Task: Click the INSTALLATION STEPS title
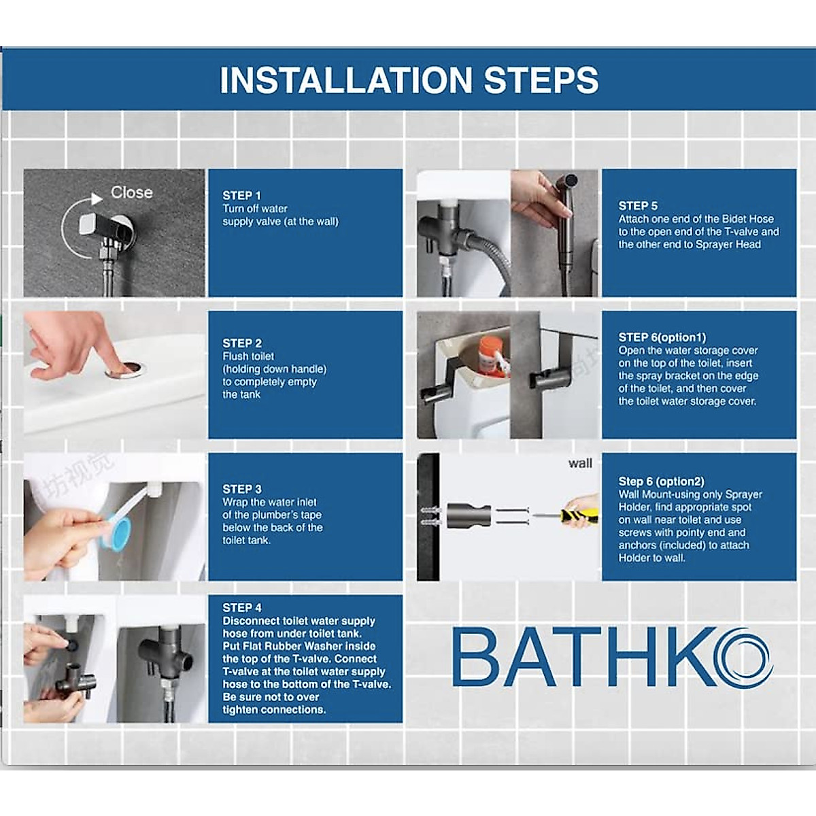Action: click(409, 80)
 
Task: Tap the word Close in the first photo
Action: click(132, 192)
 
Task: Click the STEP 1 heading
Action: click(241, 195)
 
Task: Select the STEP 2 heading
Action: click(242, 343)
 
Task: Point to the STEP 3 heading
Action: click(242, 489)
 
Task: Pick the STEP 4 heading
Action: click(242, 607)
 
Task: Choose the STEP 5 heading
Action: click(638, 205)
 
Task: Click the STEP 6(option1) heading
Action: click(662, 337)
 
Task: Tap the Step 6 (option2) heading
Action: click(661, 481)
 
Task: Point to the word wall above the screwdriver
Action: click(580, 464)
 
